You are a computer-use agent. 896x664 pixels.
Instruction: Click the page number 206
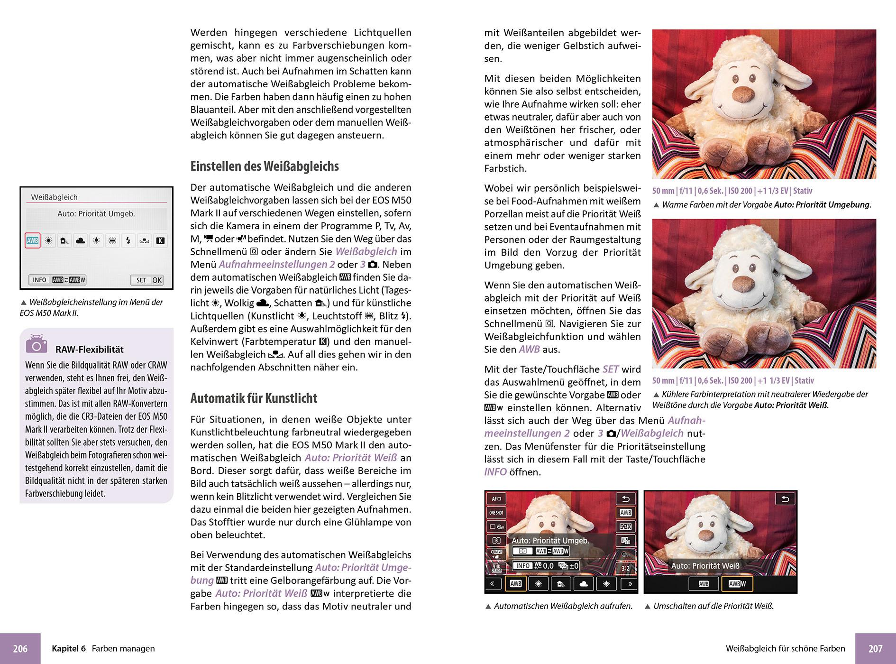(x=20, y=648)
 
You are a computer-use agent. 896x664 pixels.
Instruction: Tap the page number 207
(x=875, y=648)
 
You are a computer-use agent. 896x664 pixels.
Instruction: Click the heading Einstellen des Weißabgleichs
(x=265, y=166)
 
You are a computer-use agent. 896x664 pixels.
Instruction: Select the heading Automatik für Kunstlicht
(x=254, y=398)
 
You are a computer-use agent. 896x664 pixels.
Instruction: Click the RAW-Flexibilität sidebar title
(x=89, y=350)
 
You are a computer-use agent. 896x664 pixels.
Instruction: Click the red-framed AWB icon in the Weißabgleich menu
(x=32, y=240)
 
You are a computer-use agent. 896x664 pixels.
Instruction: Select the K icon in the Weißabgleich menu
(x=160, y=240)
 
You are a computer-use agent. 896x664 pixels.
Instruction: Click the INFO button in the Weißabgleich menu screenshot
(x=39, y=280)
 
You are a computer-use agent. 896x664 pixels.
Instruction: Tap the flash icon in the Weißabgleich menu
(x=128, y=240)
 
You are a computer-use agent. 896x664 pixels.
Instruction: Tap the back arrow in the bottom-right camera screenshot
(x=785, y=499)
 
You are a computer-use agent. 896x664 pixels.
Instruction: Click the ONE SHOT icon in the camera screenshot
(x=496, y=513)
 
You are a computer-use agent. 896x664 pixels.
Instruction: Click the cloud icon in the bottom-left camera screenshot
(x=584, y=584)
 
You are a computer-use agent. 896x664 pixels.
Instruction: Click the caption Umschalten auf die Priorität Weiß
(x=713, y=606)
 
